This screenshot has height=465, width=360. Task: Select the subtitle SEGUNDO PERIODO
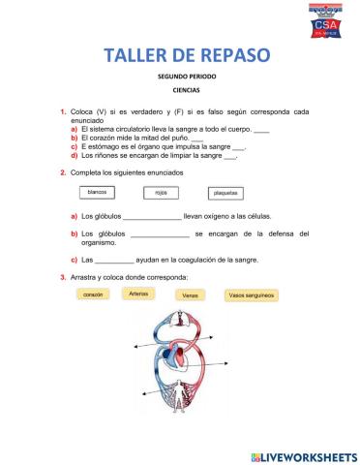(x=179, y=76)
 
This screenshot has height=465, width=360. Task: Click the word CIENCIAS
(x=179, y=91)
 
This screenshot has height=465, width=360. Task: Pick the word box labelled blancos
(x=97, y=192)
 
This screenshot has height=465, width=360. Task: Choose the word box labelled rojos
(x=160, y=193)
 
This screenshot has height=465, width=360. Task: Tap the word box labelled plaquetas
(x=226, y=193)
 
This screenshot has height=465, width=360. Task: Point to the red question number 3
(x=62, y=277)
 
